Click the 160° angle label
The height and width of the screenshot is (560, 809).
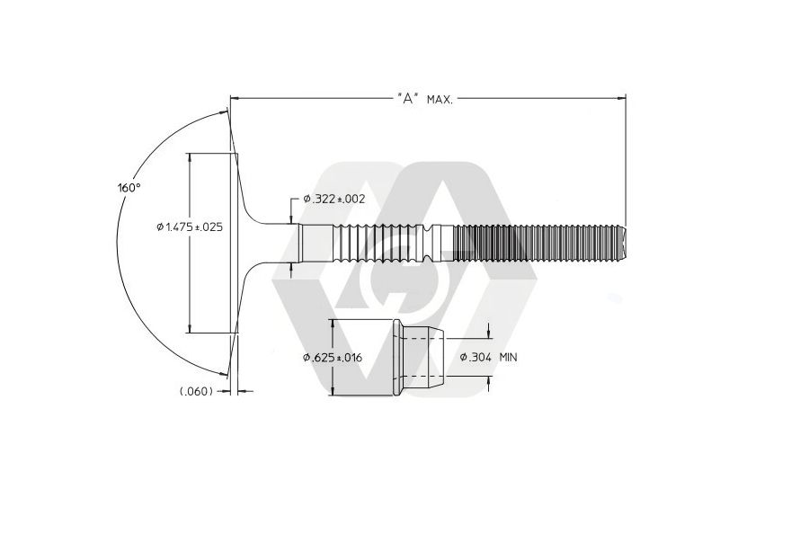coord(129,187)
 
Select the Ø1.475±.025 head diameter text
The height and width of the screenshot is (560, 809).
coord(190,227)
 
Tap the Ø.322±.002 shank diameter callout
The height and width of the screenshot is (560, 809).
coord(334,199)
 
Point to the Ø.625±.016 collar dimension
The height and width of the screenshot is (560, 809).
coord(333,357)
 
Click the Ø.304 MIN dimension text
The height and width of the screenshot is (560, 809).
coord(489,357)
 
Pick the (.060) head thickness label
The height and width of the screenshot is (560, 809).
coord(196,391)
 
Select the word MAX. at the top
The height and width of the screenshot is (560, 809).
coord(440,99)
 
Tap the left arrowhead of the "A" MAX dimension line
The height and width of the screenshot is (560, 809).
coord(235,97)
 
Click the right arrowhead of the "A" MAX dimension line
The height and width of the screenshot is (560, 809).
coord(621,97)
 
